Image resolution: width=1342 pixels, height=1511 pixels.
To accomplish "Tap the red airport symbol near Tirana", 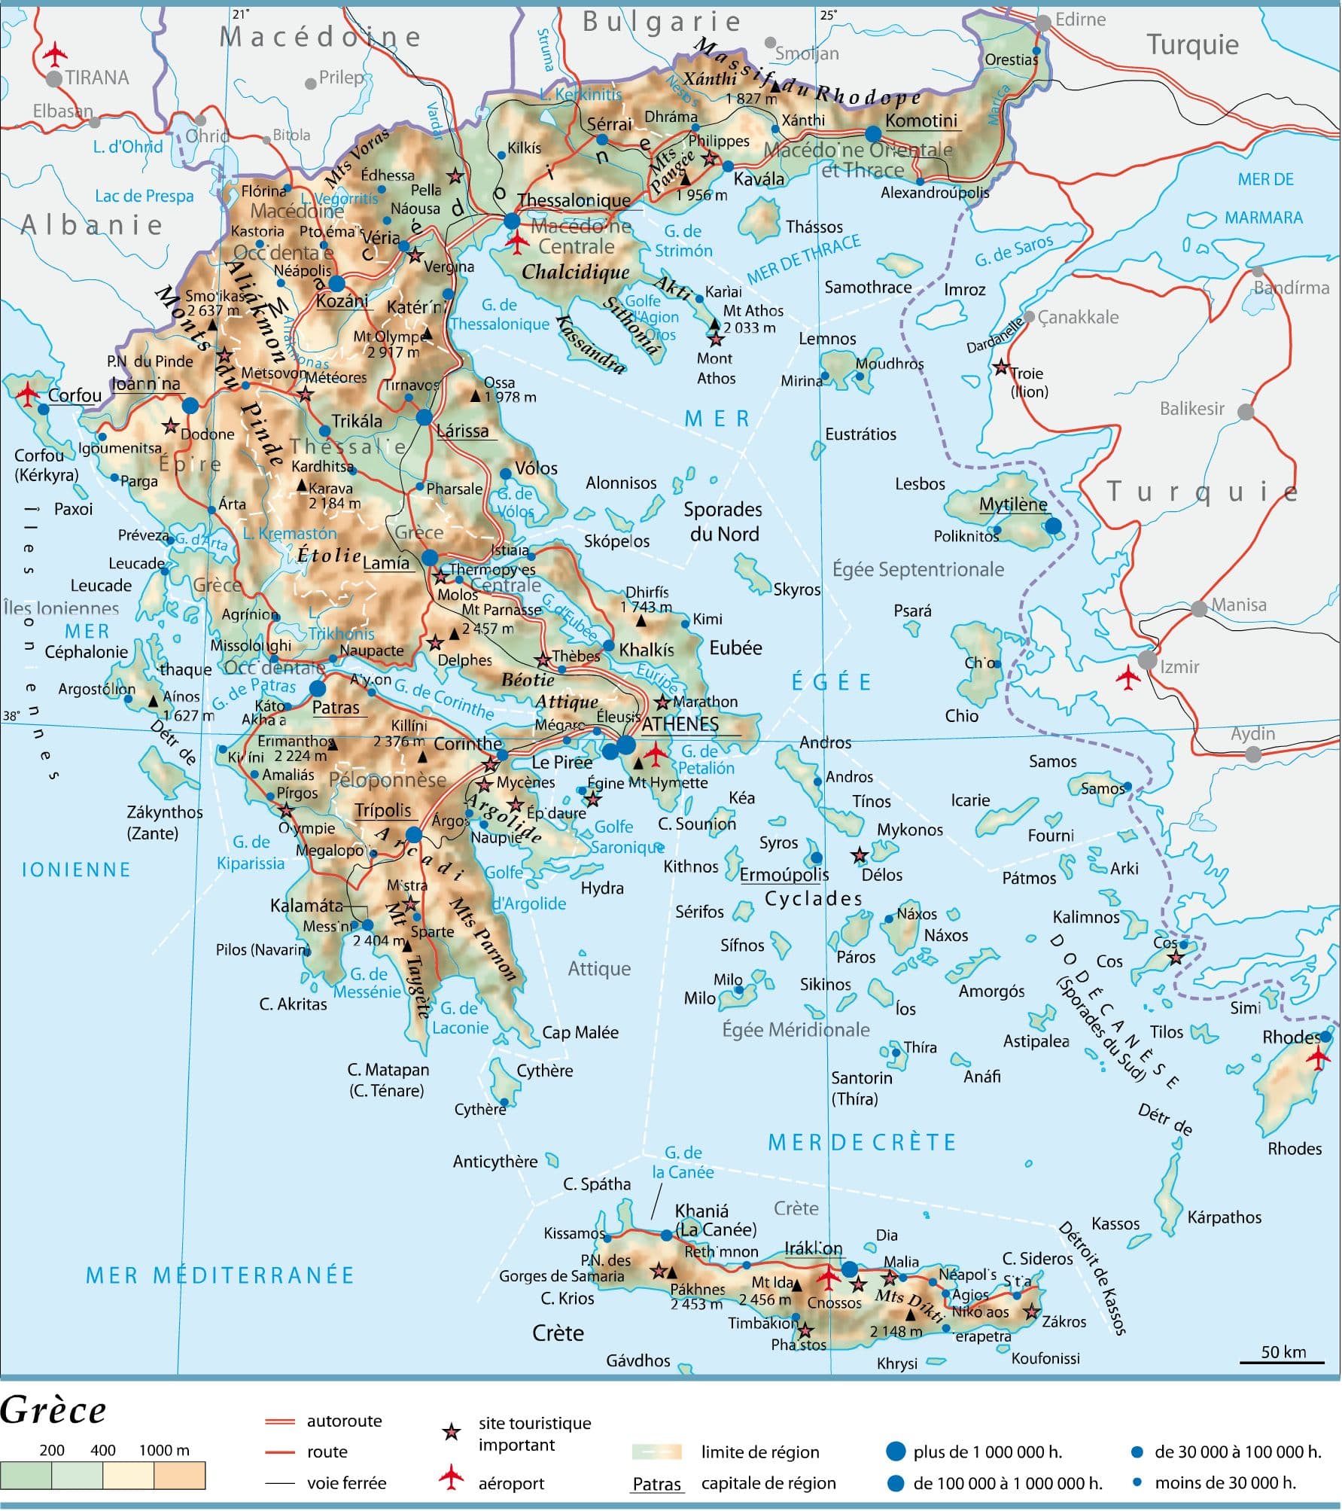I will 54,53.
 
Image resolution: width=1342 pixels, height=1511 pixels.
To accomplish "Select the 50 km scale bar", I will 1283,1361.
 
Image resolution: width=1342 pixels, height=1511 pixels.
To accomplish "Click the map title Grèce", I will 53,1410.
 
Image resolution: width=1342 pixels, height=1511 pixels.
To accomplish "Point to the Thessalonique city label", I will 574,200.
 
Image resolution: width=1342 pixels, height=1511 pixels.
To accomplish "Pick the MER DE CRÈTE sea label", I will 861,1142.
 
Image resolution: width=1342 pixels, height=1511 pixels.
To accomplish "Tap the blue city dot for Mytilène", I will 1053,525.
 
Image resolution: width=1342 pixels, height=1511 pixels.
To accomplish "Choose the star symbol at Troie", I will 1001,368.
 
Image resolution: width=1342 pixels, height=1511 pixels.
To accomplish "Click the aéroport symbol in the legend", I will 451,1477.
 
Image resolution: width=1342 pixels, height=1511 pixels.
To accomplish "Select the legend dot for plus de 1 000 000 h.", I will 895,1452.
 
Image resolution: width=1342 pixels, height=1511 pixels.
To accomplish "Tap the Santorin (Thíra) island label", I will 861,1088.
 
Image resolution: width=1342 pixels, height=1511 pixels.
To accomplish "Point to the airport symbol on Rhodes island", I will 1318,1058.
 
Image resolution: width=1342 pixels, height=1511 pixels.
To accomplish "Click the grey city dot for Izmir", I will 1147,660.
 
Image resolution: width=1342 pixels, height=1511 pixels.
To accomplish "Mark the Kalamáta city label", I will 306,906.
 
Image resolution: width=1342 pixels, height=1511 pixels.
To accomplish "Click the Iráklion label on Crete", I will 813,1249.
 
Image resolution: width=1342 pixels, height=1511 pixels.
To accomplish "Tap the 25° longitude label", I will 828,14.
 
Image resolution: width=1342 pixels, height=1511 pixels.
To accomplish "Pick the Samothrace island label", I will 868,288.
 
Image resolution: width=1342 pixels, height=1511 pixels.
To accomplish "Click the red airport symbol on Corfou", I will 28,392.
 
